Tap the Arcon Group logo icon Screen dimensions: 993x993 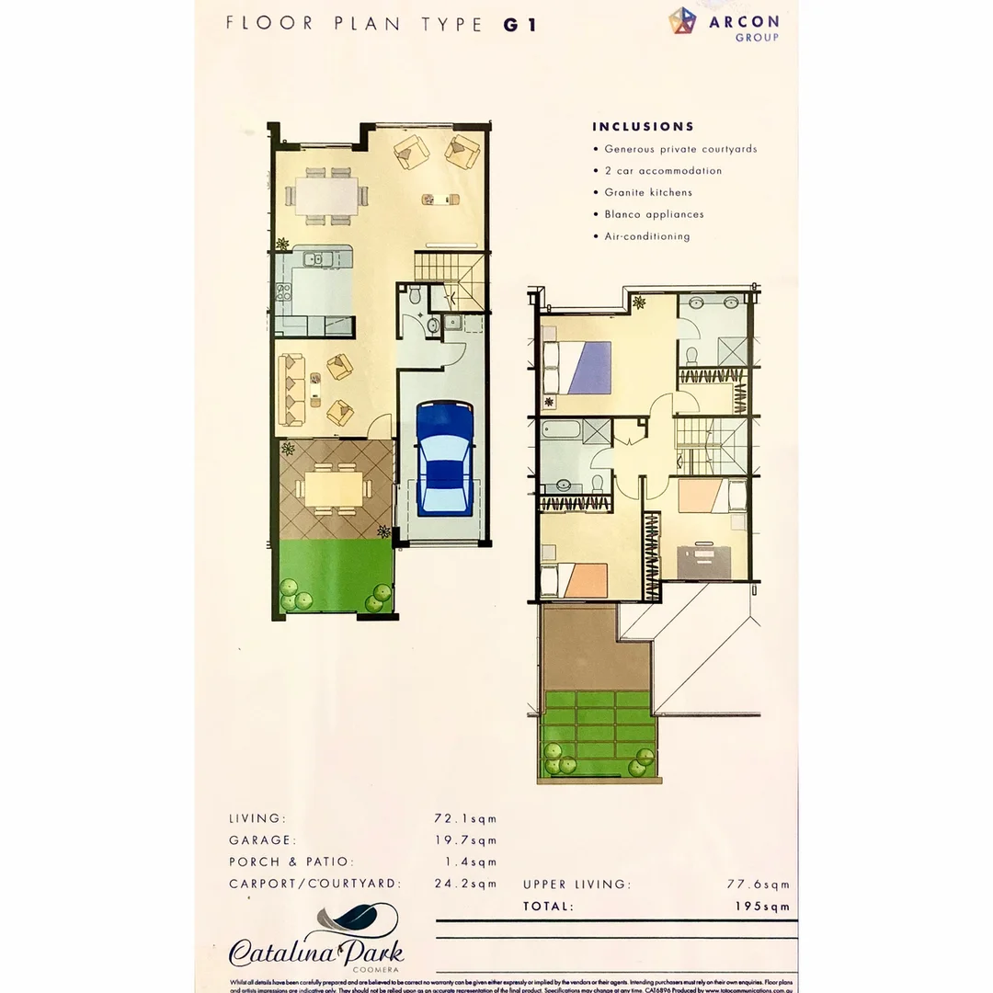tap(682, 21)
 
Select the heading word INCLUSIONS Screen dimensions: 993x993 tap(643, 127)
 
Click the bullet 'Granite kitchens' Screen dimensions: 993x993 tap(648, 192)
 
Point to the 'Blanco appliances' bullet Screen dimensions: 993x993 tap(654, 214)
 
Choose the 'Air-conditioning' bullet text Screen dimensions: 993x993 tap(646, 236)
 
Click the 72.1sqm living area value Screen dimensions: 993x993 tap(465, 817)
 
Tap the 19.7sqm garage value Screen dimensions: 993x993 tap(465, 839)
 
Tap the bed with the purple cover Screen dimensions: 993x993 tap(579, 367)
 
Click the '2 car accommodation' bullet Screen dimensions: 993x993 tap(662, 170)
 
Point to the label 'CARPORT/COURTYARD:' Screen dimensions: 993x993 tap(314, 884)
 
